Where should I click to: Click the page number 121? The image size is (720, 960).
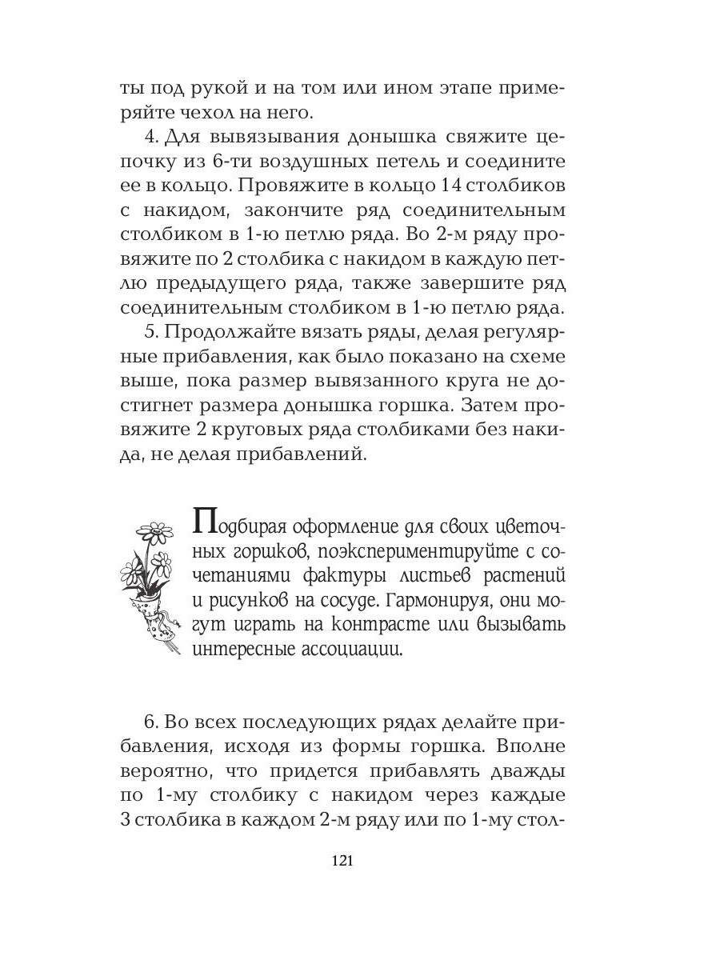(342, 861)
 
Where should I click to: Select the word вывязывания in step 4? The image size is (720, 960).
(268, 137)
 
